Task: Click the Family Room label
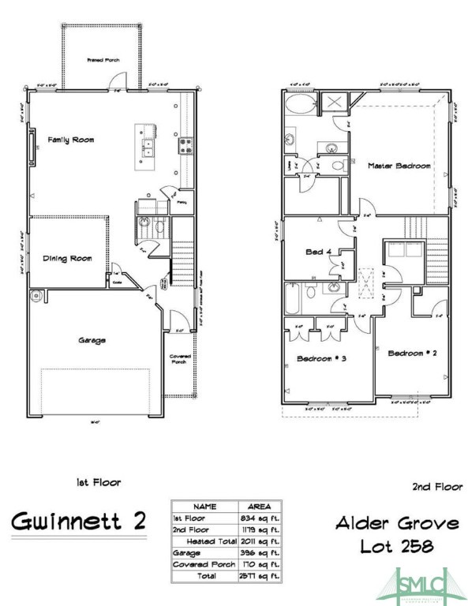71,140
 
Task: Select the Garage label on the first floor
92,340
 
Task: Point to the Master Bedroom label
399,166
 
